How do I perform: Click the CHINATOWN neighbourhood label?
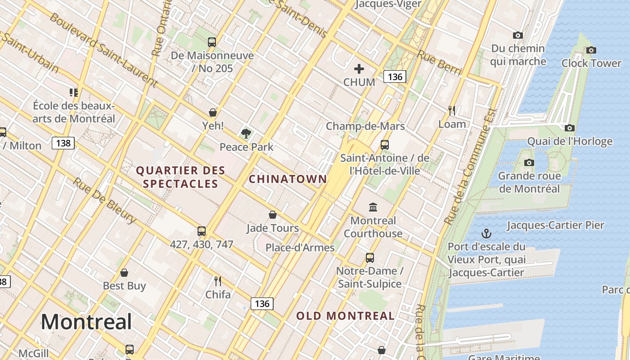coord(288,179)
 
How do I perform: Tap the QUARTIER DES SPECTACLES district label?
coord(180,177)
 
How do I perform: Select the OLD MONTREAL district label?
coord(345,316)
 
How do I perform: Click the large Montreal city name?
coord(86,322)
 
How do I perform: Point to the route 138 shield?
coord(63,144)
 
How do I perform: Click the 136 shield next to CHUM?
coord(395,76)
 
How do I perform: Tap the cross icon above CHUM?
coord(359,69)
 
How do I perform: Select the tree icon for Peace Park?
coord(246,133)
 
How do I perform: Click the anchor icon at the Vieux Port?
coord(486,234)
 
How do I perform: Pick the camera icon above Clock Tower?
coord(591,50)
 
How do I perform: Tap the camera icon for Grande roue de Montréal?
coord(529,162)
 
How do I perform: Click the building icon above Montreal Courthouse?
coord(373,207)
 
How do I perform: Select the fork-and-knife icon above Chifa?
coord(218,282)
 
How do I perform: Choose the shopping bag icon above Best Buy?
coord(124,273)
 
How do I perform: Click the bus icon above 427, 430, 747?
coord(202,231)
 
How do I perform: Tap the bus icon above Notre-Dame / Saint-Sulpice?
coord(369,258)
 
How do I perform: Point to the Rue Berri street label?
coord(440,63)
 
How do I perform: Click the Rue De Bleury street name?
coord(104,201)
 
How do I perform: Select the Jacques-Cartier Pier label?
coord(555,225)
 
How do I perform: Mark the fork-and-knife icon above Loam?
coord(452,110)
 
